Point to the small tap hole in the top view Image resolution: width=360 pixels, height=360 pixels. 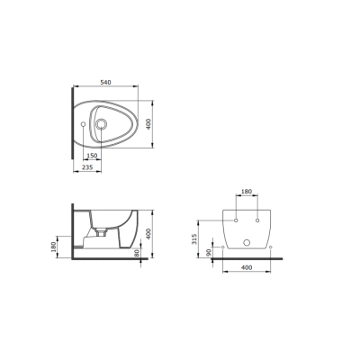pos(83,124)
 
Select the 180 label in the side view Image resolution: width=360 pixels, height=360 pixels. pos(55,246)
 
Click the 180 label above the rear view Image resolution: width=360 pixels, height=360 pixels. pos(247,192)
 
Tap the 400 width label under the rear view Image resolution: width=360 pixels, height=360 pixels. pos(247,268)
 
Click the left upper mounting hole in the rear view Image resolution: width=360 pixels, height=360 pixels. pos(236,220)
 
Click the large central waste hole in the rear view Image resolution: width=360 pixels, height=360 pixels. pos(247,245)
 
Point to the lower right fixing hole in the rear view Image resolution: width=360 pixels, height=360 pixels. pos(271,245)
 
